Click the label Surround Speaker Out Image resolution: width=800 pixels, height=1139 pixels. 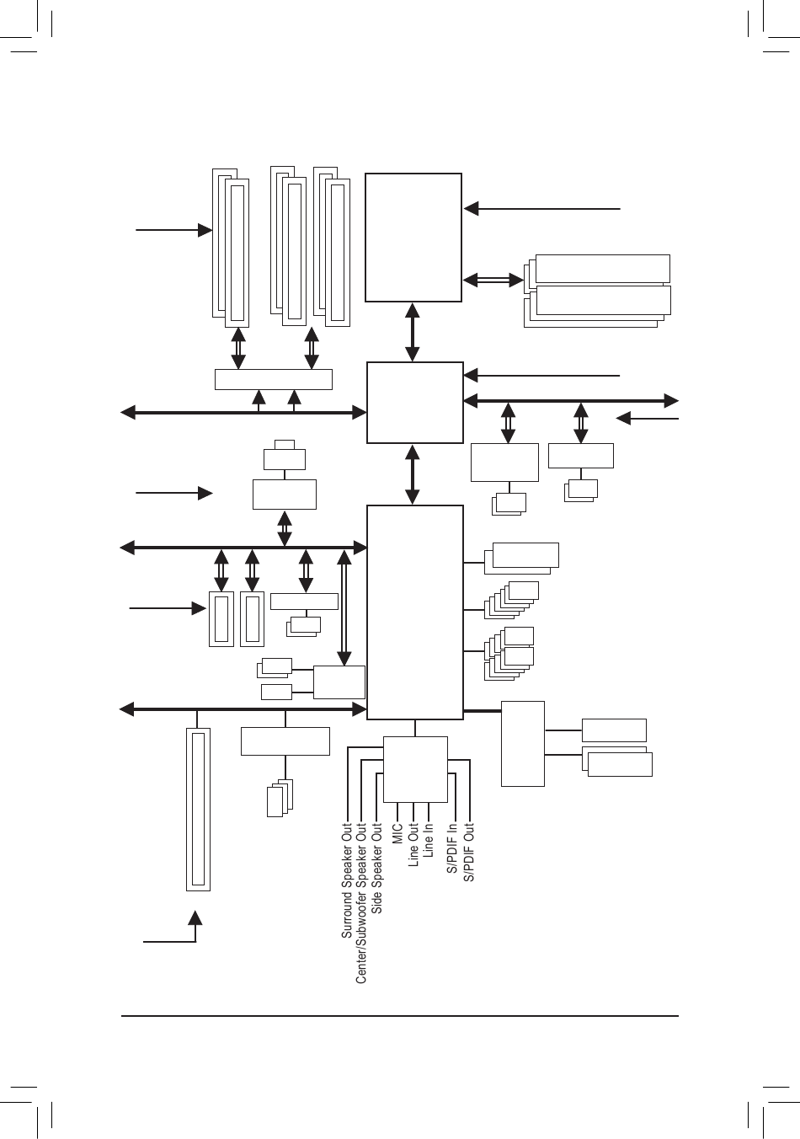pos(346,880)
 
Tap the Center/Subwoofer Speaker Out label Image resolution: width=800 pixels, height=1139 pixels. pos(361,903)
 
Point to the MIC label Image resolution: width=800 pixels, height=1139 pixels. pos(397,833)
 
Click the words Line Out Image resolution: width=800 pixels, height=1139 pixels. pos(413,844)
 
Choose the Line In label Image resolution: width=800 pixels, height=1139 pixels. pos(429,840)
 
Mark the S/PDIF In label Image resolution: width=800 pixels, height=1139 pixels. pos(453,848)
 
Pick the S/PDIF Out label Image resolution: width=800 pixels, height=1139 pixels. pos(469,852)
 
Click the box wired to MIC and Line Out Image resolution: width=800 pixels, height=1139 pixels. pos(415,769)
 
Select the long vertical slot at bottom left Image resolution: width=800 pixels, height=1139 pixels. pos(198,809)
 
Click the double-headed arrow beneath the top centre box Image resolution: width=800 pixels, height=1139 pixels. pos(413,332)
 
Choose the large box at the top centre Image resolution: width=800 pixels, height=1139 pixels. pos(413,237)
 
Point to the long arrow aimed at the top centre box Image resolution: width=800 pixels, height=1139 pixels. pos(542,207)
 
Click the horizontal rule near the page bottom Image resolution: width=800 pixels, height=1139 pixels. pos(400,1016)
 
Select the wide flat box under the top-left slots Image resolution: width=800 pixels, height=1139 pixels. pos(274,379)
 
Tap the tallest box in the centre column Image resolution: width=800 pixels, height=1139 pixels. pos(415,612)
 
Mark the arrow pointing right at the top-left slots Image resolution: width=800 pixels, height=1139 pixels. pos(173,229)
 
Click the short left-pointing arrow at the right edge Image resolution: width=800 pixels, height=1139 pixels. pos(648,417)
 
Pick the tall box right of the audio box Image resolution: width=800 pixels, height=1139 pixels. pos(523,743)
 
